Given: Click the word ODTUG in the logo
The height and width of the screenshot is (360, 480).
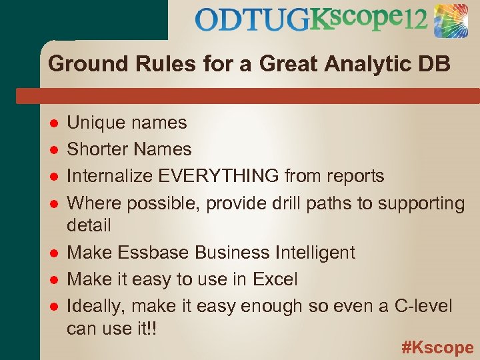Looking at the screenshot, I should click(252, 21).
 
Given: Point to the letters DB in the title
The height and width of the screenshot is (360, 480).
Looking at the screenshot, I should click(435, 65).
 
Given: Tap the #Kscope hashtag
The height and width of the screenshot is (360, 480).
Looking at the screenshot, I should click(437, 347).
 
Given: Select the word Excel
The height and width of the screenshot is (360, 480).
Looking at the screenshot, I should click(275, 279).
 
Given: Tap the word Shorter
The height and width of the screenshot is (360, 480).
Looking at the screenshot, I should click(98, 149).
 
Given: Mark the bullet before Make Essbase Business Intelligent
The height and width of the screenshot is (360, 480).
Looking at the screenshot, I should click(53, 253).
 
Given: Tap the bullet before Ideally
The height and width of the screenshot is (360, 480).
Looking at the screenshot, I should click(53, 307).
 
